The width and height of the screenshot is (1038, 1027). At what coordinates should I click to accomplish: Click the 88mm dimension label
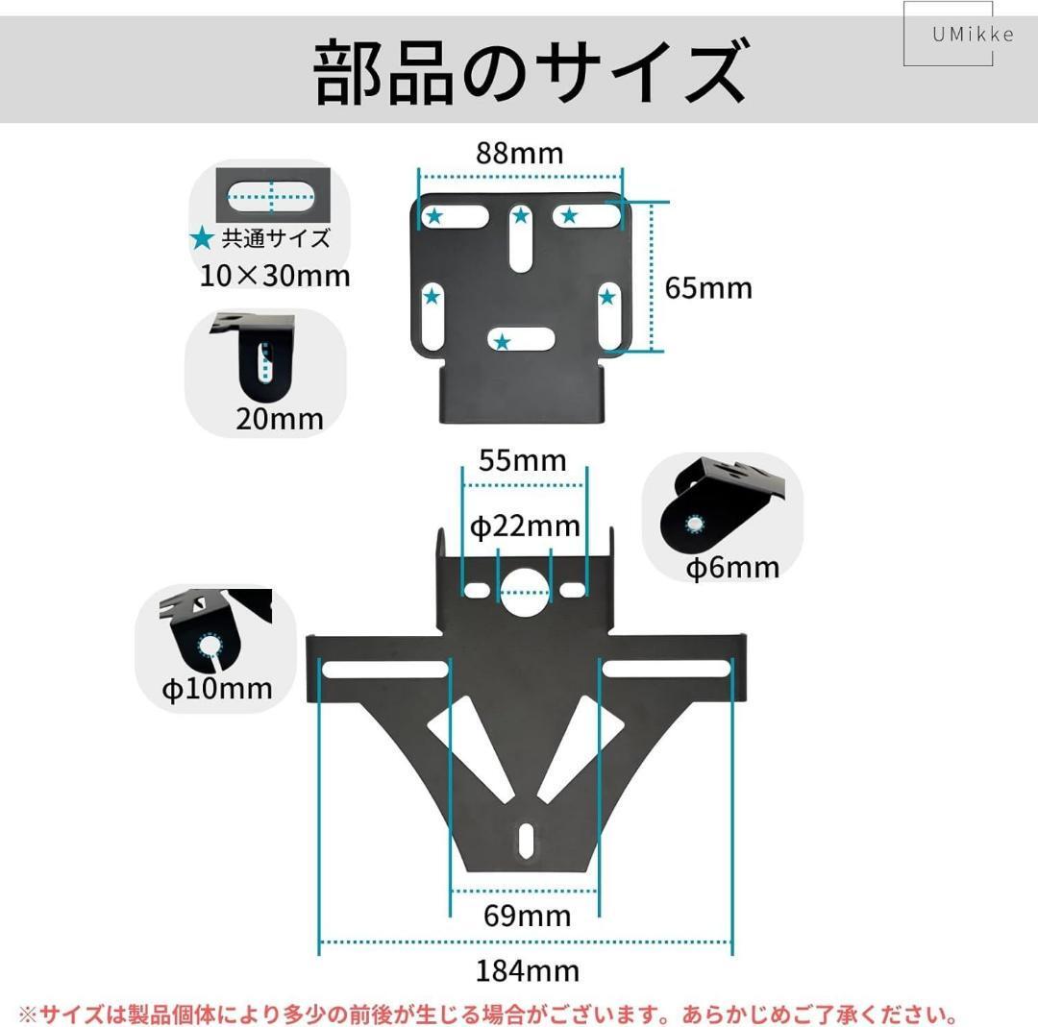[x=520, y=153]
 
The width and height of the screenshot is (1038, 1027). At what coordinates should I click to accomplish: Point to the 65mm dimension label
[x=708, y=287]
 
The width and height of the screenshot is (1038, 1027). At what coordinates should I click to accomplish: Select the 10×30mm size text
[x=275, y=276]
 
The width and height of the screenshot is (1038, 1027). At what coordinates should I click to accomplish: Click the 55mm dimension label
[x=523, y=461]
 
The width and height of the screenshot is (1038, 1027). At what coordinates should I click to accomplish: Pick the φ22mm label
[x=525, y=526]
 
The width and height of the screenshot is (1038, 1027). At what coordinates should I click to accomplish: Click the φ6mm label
[x=732, y=568]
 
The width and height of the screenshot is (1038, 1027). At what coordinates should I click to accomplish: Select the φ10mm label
[x=217, y=688]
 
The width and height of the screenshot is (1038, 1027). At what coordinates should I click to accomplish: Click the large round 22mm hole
[x=524, y=588]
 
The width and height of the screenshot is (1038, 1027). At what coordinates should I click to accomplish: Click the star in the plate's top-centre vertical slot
[x=521, y=216]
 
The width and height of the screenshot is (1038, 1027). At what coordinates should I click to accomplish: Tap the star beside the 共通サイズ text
[x=202, y=237]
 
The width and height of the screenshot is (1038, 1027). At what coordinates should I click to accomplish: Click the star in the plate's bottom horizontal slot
[x=501, y=341]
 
